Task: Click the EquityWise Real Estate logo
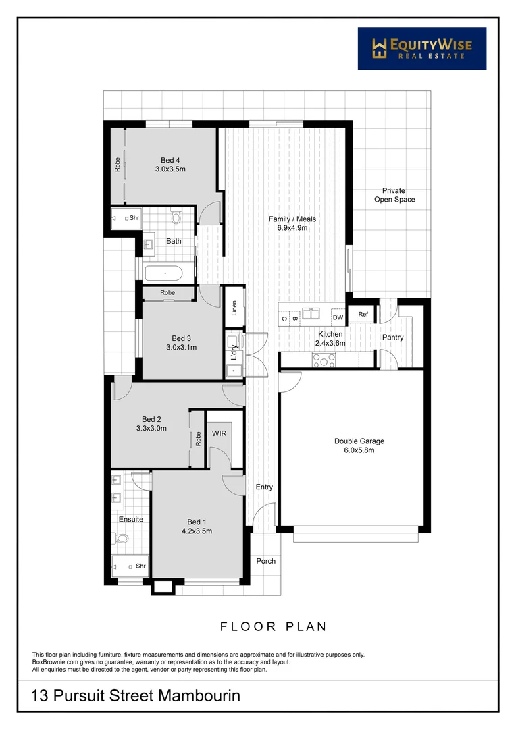[421, 49]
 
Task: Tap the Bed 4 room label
[170, 159]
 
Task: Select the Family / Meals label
[292, 219]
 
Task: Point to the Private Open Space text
[394, 195]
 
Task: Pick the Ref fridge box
[363, 314]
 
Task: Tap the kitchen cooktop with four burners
[323, 362]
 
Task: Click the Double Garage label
[359, 441]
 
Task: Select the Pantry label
[392, 337]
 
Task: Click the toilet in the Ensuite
[122, 538]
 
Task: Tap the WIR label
[220, 433]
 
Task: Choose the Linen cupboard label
[234, 308]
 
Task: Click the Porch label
[265, 560]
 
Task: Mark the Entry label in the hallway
[263, 487]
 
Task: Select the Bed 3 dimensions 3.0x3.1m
[182, 348]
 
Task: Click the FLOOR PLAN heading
[274, 626]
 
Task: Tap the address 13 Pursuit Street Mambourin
[136, 695]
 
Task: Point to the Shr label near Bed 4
[134, 217]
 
